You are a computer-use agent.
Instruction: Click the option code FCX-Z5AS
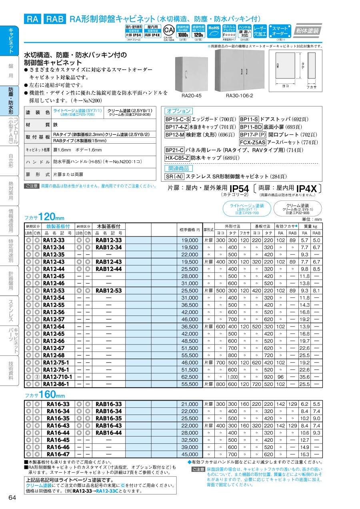[252, 142]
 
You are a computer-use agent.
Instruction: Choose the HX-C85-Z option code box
[177, 158]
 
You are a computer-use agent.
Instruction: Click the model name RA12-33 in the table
[54, 240]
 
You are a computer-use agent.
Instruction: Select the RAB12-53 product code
[109, 291]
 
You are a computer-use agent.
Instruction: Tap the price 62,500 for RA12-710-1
[190, 377]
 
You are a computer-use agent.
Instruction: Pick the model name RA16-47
[58, 454]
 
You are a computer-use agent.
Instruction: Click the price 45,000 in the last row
[190, 454]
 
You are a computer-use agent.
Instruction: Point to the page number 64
[12, 497]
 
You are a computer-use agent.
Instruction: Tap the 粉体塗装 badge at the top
[308, 30]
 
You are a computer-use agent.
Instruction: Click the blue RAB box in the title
[55, 19]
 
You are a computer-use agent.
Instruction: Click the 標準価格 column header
[190, 230]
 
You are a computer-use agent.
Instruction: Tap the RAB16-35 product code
[109, 419]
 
